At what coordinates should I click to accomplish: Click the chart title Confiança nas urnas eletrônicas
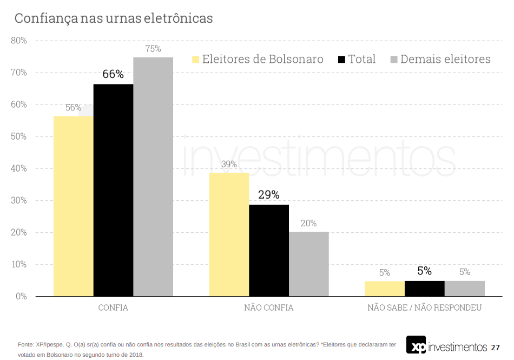coord(114,18)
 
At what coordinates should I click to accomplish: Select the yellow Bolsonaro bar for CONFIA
coord(73,206)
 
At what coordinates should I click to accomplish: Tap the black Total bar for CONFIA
coord(113,189)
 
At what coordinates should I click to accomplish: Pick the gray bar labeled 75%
coord(153,176)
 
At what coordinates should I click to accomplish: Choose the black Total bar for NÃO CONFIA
coord(269,250)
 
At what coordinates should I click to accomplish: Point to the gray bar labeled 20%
coord(308,264)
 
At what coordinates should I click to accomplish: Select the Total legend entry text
coord(361,60)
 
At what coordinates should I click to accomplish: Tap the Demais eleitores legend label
coord(445,60)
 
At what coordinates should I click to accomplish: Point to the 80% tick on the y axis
coord(19,41)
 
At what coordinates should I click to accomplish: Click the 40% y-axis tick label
coord(19,168)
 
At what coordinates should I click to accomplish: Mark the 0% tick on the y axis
coord(21,296)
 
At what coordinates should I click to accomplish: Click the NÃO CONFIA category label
coord(269,308)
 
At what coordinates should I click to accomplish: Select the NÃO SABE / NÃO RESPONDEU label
coord(424,308)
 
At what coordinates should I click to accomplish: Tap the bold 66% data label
coord(113,75)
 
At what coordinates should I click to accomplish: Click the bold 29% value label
coord(269,195)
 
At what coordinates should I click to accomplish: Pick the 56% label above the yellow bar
coord(73,107)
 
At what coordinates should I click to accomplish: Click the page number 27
coord(495,347)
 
